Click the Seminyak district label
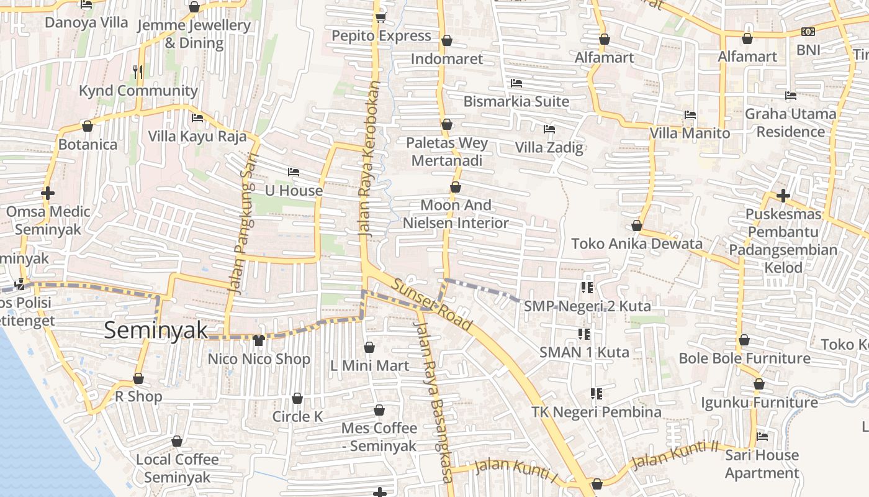point(155,330)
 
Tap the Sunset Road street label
point(433,304)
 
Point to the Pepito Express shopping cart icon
point(380,17)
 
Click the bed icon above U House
point(294,171)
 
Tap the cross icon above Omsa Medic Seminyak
point(48,193)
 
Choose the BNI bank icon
point(808,31)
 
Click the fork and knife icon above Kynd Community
point(138,71)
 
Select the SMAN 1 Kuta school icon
point(584,334)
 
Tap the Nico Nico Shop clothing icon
point(259,340)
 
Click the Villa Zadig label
point(549,147)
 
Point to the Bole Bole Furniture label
point(744,358)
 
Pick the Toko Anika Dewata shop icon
point(636,226)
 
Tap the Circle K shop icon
point(297,398)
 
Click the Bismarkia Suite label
point(516,101)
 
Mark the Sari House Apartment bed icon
point(762,436)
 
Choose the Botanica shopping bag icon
point(88,126)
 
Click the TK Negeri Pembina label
point(596,412)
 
